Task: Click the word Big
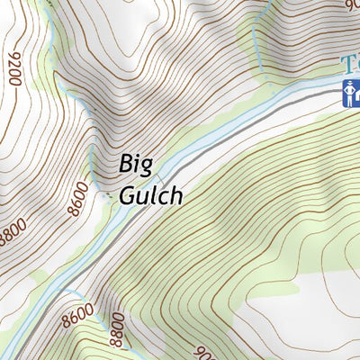coord(135,166)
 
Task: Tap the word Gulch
coord(149,194)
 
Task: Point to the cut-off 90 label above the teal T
coord(351,4)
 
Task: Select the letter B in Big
coord(125,166)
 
